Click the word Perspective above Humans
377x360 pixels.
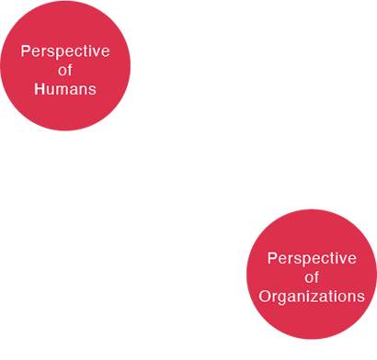click(65, 51)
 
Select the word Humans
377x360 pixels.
click(65, 90)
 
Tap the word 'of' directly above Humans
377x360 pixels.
click(65, 71)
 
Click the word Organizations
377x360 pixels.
click(312, 297)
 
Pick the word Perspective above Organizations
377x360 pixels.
click(312, 258)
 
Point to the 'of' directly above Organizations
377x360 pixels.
click(312, 277)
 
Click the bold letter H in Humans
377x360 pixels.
click(40, 90)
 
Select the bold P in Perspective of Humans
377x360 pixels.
click(25, 51)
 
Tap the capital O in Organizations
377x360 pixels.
click(265, 297)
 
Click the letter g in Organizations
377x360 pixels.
click(284, 298)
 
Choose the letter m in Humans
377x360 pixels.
click(61, 91)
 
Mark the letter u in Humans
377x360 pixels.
click(50, 91)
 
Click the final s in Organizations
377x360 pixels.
click(360, 298)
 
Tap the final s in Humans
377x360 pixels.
click(91, 91)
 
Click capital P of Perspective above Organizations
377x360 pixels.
click(272, 258)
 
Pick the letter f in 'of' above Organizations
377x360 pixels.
click(316, 277)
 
